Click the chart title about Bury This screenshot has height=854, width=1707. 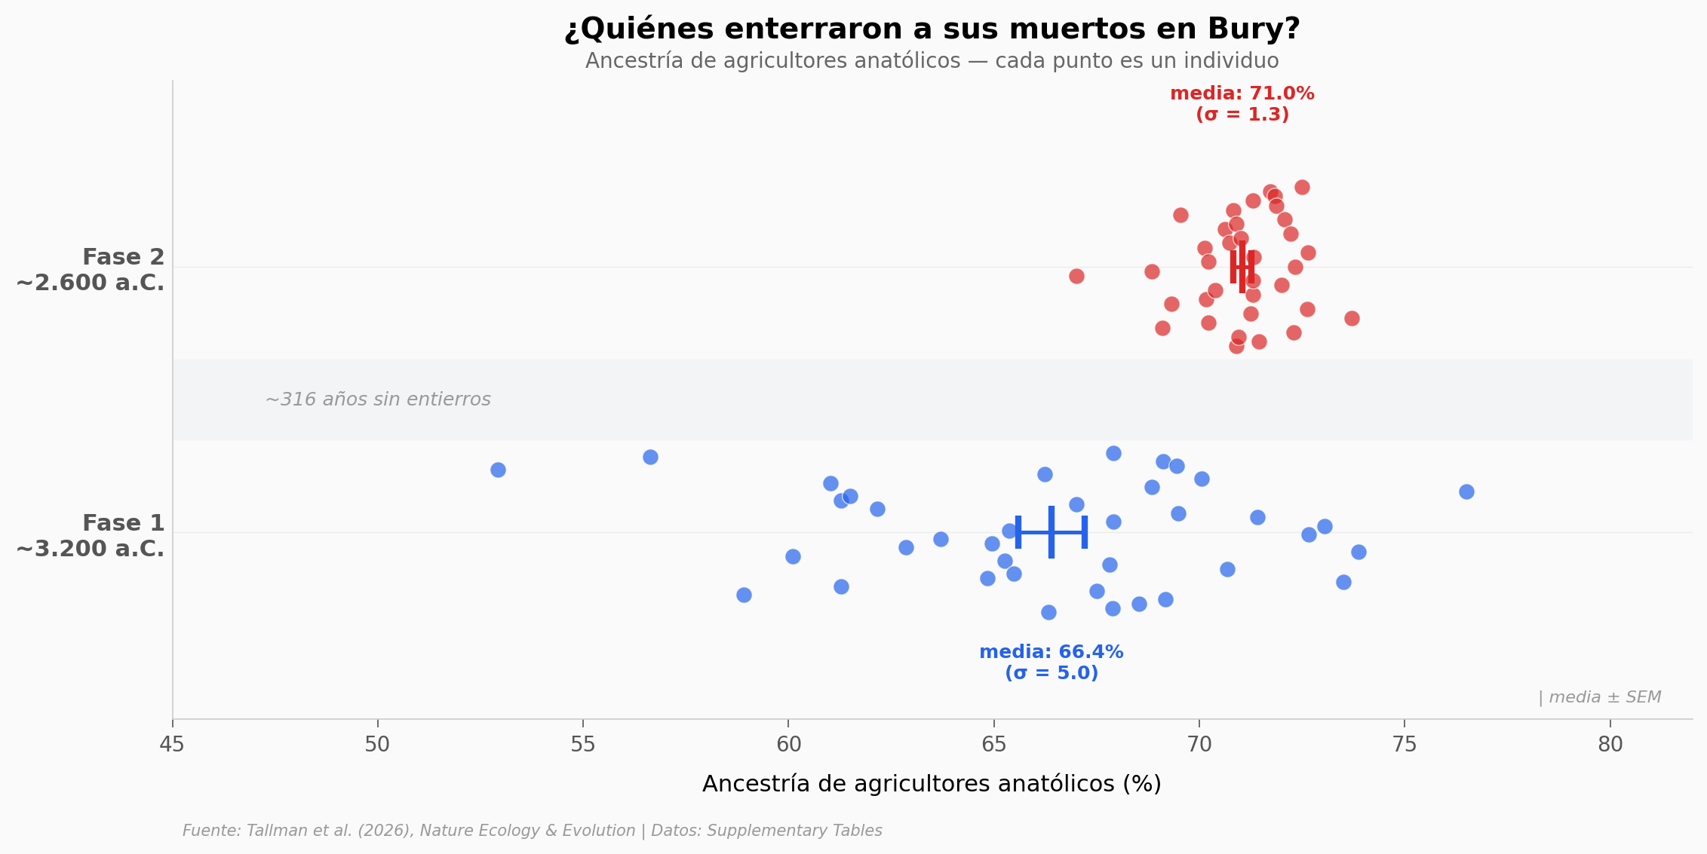click(932, 29)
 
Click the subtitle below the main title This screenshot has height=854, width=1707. click(932, 61)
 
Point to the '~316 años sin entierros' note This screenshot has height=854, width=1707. click(378, 399)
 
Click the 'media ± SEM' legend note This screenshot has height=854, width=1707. click(1599, 698)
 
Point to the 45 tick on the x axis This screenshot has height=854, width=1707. click(172, 745)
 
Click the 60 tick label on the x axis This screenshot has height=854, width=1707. click(788, 745)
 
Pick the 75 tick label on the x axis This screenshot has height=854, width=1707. click(1405, 745)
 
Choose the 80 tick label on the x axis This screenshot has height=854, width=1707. click(1610, 745)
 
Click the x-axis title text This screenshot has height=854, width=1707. click(932, 785)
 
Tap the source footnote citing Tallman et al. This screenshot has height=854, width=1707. click(532, 831)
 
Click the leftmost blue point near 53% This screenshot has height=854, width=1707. click(498, 470)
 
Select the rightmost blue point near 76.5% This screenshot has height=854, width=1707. click(1466, 492)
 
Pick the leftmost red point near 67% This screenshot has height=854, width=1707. click(1076, 277)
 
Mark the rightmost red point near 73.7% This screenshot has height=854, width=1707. click(1352, 319)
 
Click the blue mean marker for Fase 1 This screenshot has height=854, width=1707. click(1051, 533)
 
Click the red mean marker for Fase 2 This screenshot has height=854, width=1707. click(1242, 267)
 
